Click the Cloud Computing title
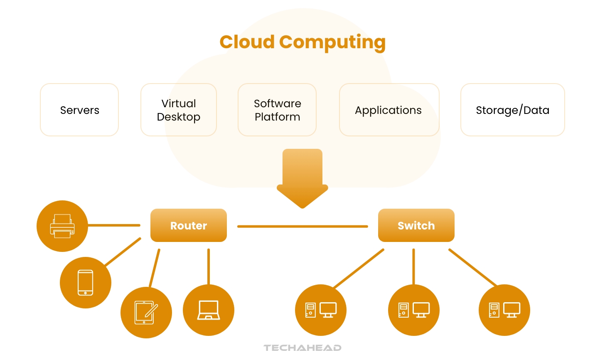tap(302, 42)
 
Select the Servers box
tap(79, 110)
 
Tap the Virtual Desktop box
tap(179, 110)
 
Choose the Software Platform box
tap(277, 110)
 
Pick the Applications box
tap(389, 110)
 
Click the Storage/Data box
tap(512, 110)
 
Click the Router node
tap(189, 225)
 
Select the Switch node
tap(416, 225)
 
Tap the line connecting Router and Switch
tap(302, 227)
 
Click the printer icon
tap(62, 226)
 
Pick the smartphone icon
tap(86, 283)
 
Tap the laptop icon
tap(209, 310)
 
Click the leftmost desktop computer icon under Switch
tap(321, 310)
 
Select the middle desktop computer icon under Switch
tap(414, 310)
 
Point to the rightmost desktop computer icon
tap(504, 310)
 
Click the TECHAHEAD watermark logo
tap(302, 348)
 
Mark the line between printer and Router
tap(114, 225)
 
